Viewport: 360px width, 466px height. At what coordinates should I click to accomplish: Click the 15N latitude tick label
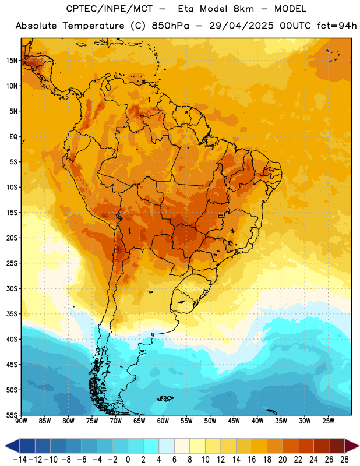(12, 61)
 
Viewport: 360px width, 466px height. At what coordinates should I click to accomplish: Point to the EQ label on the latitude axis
(13, 137)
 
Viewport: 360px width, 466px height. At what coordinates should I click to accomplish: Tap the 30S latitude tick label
(12, 288)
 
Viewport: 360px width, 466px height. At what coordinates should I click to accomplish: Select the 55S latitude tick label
(12, 415)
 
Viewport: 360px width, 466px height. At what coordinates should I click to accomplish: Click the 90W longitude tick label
(21, 421)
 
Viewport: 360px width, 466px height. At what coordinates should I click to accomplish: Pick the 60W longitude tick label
(163, 421)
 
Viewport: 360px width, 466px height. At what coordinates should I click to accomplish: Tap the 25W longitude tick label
(329, 421)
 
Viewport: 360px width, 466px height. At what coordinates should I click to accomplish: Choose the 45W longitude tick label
(234, 421)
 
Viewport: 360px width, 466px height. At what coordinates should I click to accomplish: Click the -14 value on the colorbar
(20, 460)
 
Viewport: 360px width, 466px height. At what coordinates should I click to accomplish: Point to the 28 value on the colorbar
(344, 460)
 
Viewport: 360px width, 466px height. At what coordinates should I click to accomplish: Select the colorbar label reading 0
(128, 460)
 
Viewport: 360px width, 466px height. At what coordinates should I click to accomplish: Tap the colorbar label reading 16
(252, 460)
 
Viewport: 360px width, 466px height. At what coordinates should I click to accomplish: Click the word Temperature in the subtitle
(93, 26)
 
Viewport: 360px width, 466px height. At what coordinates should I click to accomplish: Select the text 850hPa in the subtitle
(170, 26)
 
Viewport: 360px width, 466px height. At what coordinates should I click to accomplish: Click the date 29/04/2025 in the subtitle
(241, 26)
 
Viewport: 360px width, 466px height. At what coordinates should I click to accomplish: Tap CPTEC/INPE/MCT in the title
(110, 9)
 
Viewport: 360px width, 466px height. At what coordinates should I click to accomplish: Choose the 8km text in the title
(243, 9)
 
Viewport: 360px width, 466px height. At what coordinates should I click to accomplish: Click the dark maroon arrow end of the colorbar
(351, 446)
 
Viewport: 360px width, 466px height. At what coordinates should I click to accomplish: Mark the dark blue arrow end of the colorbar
(12, 446)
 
